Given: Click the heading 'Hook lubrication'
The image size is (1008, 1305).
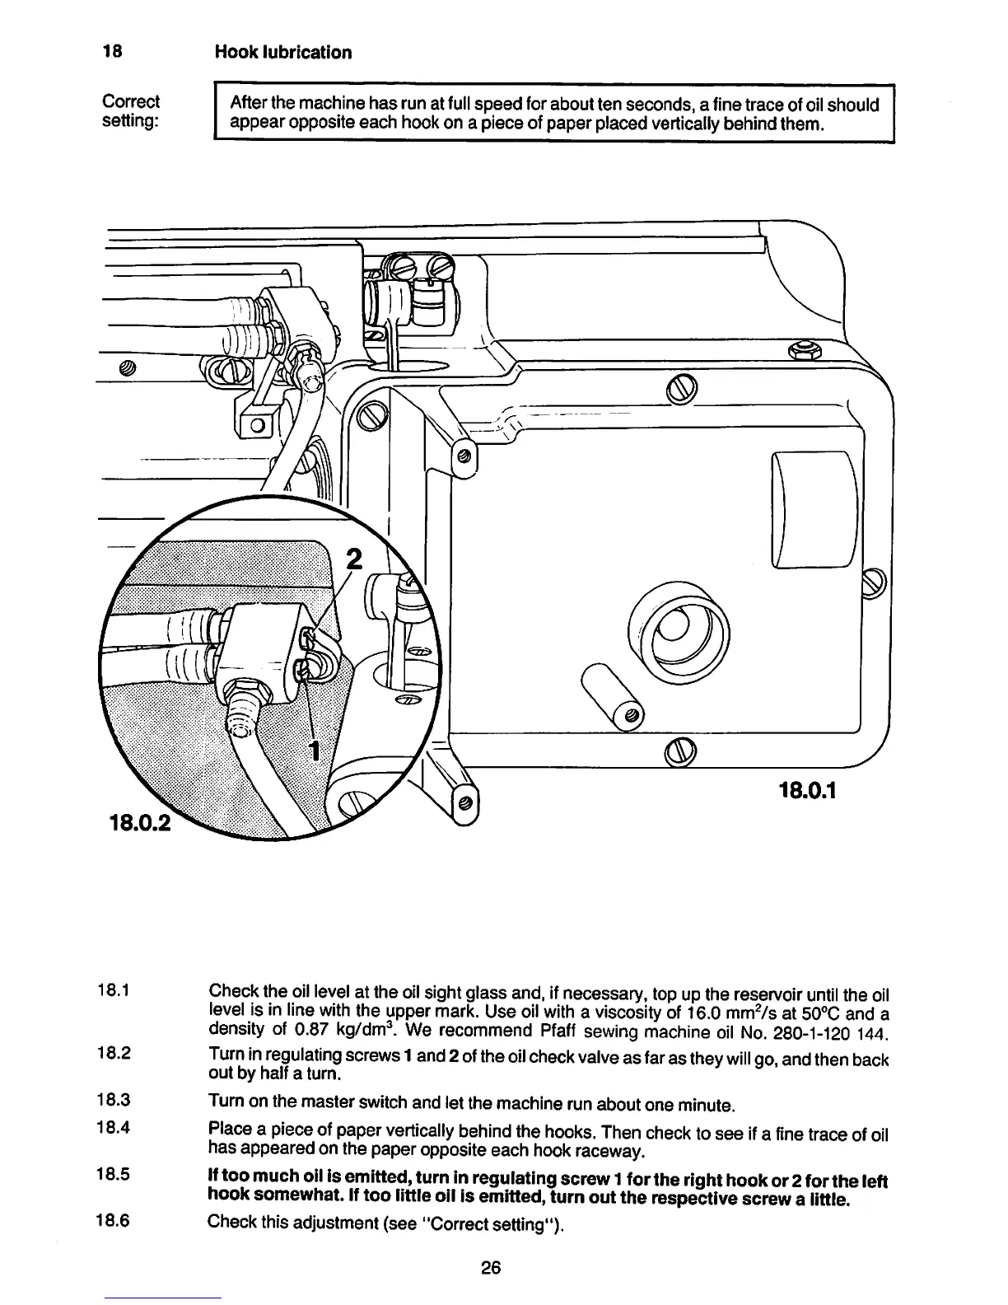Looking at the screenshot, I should point(282,53).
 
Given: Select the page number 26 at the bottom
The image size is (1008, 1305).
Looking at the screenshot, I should point(492,1268).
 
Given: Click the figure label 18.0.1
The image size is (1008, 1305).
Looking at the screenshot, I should point(807,792).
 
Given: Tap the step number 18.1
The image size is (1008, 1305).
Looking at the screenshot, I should point(114,989).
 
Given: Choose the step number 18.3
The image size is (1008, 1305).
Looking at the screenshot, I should point(114,1102).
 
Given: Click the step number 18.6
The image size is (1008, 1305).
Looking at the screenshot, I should point(114,1222).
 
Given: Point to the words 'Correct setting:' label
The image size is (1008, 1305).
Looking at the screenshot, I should point(131,112).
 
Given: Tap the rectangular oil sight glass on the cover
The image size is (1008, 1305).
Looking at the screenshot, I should point(813,510).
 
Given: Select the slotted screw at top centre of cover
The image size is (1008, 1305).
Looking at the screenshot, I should point(682,387).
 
